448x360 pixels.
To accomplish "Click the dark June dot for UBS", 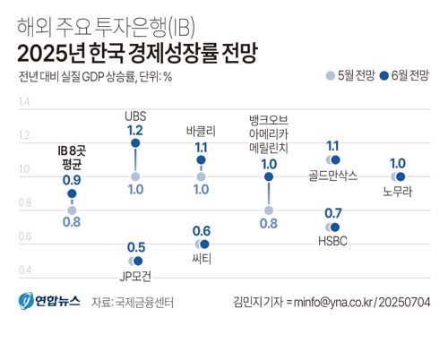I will pos(135,142).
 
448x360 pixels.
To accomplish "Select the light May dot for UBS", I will pos(135,176).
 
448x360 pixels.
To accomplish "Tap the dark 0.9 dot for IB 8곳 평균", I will pos(72,193).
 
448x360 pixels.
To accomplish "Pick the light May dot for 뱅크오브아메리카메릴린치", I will pos(268,210).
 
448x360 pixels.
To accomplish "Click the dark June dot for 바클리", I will pos(202,160).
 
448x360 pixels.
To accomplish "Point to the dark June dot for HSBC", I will pos(336,227).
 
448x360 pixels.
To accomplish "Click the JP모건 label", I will pos(136,278).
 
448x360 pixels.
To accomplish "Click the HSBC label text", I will pos(332,243).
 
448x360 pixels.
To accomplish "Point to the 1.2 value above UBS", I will pos(135,130).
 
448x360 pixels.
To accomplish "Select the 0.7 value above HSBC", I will pos(332,212).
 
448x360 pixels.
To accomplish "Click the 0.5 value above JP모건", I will pos(136,247).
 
